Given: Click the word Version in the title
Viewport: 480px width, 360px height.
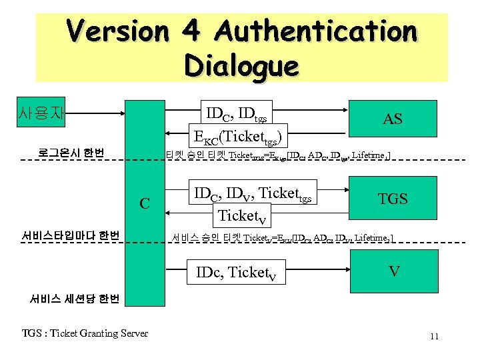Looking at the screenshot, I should coord(118,31).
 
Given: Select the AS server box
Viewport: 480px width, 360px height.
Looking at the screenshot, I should coord(392,119).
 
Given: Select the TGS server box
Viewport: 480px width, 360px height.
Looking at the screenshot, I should coord(392,198).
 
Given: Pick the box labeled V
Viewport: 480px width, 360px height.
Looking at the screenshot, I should coord(394,271).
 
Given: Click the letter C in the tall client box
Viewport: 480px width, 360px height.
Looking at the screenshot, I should coord(144,202).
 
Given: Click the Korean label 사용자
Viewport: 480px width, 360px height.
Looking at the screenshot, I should coord(42,113).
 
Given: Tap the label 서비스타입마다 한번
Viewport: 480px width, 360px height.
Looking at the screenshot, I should coord(70,235).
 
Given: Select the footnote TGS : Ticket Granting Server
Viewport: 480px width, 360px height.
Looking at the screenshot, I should coord(85,333).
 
